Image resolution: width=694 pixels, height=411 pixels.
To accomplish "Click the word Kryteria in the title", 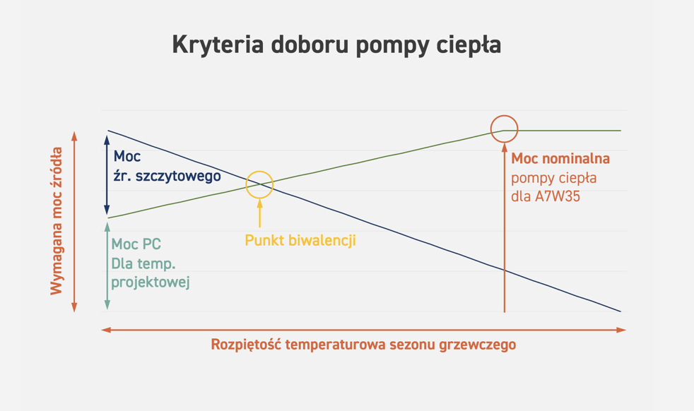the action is click(218, 45).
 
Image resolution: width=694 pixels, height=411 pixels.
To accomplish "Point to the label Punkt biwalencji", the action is click(300, 240).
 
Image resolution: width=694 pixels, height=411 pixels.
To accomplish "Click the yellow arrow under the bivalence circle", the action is click(260, 213).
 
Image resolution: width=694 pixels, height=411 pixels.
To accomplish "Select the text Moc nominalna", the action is click(560, 158).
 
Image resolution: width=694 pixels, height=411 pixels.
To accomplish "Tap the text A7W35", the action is click(557, 196).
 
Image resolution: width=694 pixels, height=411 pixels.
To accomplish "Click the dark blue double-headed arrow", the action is click(107, 174).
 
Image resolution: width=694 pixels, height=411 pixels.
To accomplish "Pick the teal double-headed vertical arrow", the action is click(107, 266).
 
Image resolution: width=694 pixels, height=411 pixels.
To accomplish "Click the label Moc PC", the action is click(136, 244).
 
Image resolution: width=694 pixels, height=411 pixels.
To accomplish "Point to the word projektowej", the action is click(151, 282).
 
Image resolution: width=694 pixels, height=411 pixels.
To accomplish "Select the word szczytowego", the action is click(178, 176).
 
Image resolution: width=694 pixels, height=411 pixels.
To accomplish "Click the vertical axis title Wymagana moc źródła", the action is click(57, 221).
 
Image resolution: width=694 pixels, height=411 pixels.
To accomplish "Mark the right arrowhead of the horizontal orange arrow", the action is click(621, 330).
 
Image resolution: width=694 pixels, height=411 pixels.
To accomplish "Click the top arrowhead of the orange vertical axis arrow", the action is click(74, 136).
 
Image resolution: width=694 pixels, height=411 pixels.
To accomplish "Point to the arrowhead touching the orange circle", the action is click(504, 148).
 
